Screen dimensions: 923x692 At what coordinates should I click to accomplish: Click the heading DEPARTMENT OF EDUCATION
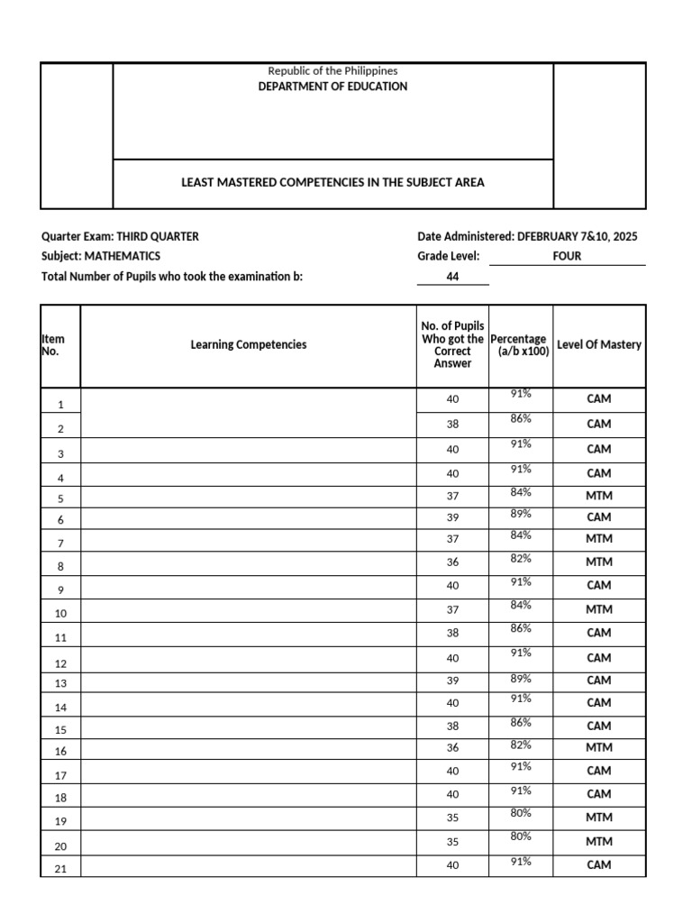[x=332, y=87]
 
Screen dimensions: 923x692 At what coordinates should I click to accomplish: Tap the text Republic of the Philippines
[x=332, y=70]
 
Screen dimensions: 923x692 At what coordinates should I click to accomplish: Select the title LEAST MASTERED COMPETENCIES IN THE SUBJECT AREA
[x=332, y=182]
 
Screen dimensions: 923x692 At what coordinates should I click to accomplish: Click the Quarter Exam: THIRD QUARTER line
[x=120, y=236]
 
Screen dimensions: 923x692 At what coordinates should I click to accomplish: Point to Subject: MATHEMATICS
[x=101, y=256]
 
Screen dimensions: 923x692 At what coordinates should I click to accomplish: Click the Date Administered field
[x=527, y=236]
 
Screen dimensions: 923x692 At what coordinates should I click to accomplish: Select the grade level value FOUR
[x=567, y=256]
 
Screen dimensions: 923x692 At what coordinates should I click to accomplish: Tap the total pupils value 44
[x=452, y=277]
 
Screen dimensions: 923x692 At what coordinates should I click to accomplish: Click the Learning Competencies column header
[x=248, y=344]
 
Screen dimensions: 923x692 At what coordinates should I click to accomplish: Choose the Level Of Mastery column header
[x=599, y=344]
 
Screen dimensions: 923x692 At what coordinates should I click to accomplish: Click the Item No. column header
[x=53, y=345]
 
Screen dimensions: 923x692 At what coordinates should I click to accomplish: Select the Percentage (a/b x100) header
[x=521, y=345]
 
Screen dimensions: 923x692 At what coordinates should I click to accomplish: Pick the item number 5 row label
[x=60, y=498]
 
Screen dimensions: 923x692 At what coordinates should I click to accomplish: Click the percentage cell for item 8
[x=521, y=559]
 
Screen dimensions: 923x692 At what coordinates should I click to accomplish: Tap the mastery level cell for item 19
[x=599, y=818]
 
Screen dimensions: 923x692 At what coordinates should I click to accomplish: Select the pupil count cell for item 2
[x=452, y=424]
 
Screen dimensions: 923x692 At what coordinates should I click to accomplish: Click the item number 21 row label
[x=60, y=868]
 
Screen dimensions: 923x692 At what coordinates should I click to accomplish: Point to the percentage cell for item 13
[x=521, y=678]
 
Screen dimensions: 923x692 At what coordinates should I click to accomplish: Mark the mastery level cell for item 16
[x=599, y=748]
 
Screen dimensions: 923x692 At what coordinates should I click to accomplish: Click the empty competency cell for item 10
[x=248, y=611]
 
